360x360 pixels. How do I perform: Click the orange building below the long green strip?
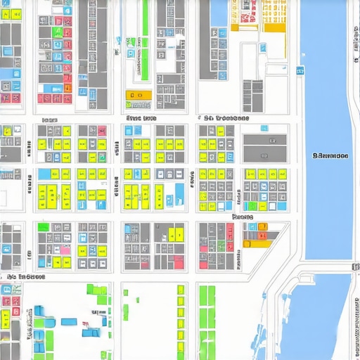click(x=139, y=95)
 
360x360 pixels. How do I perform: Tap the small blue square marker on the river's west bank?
click(x=300, y=71)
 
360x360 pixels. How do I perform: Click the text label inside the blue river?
click(x=329, y=156)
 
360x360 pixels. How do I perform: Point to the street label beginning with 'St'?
click(x=226, y=119)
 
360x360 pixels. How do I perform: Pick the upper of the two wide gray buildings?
click(x=264, y=139)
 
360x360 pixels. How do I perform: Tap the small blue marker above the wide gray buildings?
click(x=264, y=129)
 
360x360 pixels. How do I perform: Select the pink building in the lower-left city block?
click(x=65, y=250)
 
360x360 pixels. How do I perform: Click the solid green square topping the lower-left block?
click(x=44, y=227)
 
